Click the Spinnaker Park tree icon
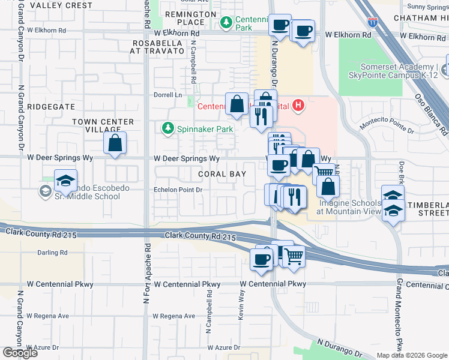coord(168,128)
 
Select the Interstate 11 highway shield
coord(373,22)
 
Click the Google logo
coord(20,352)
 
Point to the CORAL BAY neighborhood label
coord(223,174)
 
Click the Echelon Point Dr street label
coord(179,190)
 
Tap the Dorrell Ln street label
coord(169,95)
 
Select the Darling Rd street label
coord(52,253)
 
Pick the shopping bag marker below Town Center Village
coord(115,144)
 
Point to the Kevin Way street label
coord(242,305)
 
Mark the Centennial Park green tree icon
coord(226,23)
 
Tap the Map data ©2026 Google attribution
coord(411,355)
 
